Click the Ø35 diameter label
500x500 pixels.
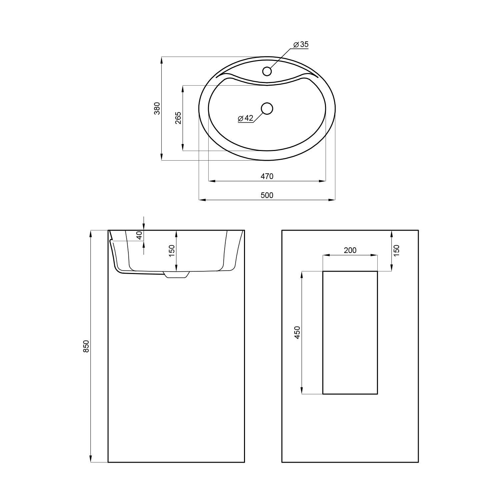(x=301, y=44)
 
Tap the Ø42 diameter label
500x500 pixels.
(x=246, y=118)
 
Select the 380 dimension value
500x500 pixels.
(x=157, y=109)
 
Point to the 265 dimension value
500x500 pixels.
(x=178, y=118)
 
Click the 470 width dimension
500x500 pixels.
(x=267, y=176)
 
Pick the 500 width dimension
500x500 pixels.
(x=267, y=195)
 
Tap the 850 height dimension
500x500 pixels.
(x=86, y=346)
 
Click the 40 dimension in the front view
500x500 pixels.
(x=139, y=235)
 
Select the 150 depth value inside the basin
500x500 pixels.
(x=172, y=251)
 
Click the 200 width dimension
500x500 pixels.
(x=350, y=250)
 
